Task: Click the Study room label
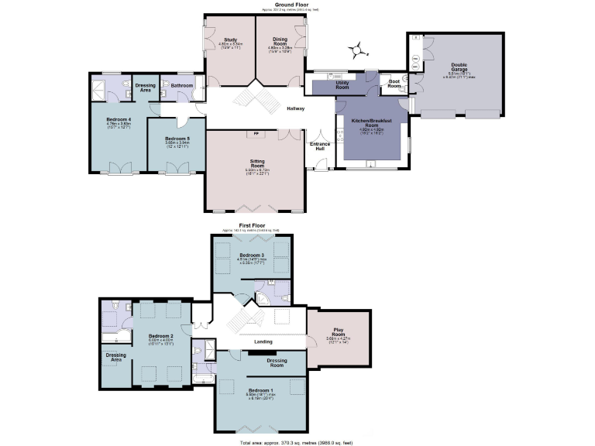[x=230, y=39]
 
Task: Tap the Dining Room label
[x=280, y=41]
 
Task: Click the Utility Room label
[x=342, y=86]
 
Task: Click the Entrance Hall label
[x=319, y=146]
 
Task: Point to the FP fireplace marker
[x=255, y=134]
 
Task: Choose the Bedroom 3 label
[x=252, y=256]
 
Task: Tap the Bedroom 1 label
[x=261, y=389]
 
